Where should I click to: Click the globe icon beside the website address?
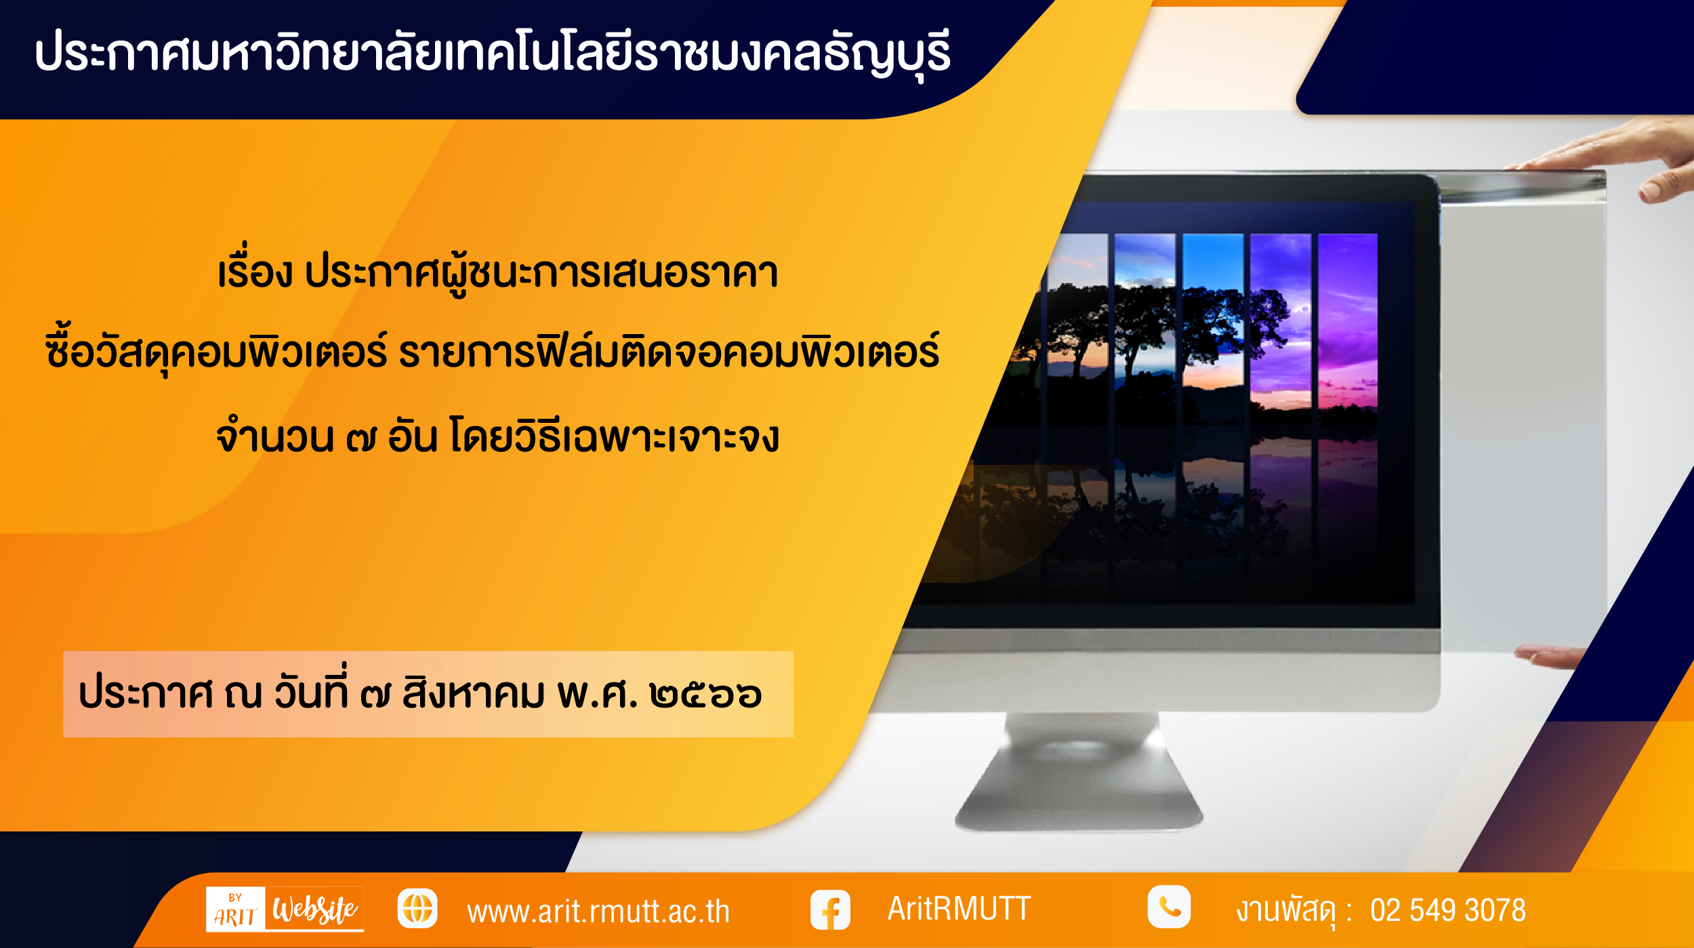click(417, 909)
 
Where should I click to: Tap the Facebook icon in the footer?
click(830, 909)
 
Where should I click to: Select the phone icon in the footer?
click(1169, 907)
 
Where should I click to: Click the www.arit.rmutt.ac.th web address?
click(598, 911)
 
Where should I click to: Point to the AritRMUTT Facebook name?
click(959, 909)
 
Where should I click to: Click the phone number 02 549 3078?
click(1448, 910)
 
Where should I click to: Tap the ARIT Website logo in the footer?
click(285, 909)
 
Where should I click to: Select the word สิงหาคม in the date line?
click(473, 692)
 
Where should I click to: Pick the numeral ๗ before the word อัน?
click(360, 439)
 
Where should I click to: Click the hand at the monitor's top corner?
click(1626, 159)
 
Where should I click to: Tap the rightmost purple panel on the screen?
click(1348, 322)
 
